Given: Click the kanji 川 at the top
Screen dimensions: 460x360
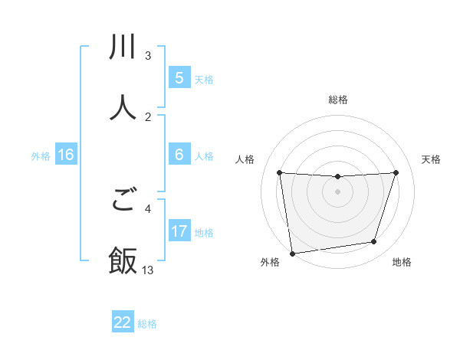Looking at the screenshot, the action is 123,47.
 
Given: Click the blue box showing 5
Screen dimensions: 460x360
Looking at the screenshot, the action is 179,78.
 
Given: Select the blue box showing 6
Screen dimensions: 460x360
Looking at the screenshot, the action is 179,155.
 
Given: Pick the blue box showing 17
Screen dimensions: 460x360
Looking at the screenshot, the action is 179,231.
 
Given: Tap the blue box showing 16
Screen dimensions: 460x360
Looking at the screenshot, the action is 66,155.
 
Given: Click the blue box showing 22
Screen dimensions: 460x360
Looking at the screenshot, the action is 123,322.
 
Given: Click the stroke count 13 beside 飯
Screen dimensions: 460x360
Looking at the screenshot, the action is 148,270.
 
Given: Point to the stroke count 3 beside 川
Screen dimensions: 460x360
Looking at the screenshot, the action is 148,56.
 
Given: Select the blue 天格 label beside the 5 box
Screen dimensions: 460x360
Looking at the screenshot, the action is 204,79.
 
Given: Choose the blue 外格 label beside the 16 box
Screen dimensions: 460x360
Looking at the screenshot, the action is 41,155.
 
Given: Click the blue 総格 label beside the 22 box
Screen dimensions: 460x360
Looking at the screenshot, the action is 148,323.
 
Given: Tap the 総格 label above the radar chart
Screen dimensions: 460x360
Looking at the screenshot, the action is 338,100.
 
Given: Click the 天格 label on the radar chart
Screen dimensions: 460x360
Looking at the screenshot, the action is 431,159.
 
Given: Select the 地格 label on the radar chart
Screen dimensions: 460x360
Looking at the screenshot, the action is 402,262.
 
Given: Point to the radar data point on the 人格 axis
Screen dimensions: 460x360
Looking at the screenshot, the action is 279,173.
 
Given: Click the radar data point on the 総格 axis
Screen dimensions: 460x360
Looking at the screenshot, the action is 337,177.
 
